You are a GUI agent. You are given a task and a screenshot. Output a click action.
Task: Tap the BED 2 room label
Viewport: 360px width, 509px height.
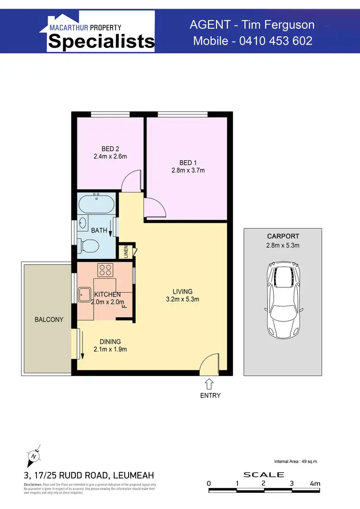[107, 149]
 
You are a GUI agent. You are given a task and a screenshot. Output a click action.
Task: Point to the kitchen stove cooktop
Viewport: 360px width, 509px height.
[105, 270]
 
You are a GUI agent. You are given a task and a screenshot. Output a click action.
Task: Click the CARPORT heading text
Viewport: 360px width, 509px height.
[283, 237]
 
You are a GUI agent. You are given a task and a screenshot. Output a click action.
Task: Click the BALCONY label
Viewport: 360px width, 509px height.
[48, 320]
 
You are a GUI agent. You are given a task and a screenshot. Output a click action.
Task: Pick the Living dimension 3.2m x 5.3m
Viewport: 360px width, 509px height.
[183, 299]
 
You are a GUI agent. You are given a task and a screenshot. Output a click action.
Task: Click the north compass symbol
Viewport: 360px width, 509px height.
[33, 456]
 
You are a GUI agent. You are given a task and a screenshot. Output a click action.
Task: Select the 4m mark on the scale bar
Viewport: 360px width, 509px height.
[314, 484]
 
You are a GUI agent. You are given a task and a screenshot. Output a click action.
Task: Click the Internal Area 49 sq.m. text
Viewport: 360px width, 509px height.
[296, 462]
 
